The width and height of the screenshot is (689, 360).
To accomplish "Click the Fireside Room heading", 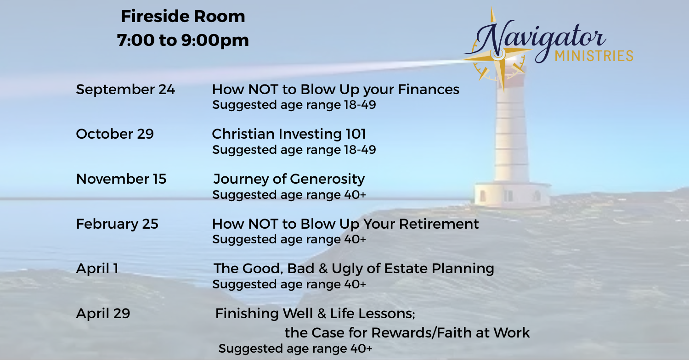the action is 183,16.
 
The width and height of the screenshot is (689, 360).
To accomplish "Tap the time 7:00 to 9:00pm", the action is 183,40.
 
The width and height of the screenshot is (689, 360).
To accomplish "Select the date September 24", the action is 125,90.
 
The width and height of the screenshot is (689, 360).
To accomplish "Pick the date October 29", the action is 115,134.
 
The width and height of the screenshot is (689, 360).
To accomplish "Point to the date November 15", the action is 121,179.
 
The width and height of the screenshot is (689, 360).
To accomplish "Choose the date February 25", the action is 117,224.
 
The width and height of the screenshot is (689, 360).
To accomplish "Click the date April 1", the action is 97,269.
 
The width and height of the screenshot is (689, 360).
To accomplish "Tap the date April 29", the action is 103,314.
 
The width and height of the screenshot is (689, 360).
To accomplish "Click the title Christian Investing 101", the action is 288,134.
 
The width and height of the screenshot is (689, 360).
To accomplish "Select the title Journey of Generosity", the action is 289,179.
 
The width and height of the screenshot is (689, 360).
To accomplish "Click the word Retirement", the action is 439,224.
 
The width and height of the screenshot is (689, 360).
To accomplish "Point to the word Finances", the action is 429,90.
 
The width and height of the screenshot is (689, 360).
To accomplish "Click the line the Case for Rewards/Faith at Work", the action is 407,332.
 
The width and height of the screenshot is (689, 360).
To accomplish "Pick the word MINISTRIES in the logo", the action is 593,56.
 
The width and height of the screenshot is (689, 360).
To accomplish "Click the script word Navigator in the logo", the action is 535,40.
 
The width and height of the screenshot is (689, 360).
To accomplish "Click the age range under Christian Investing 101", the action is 294,150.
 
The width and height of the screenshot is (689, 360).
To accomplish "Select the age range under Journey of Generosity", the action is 289,195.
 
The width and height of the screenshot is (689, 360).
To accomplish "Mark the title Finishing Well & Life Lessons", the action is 315,314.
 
